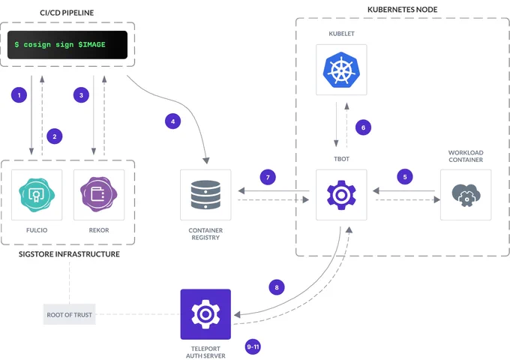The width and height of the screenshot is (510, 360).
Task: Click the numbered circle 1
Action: (x=19, y=95)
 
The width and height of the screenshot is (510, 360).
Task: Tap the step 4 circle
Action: (x=172, y=121)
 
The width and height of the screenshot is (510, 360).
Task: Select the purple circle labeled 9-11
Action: (x=253, y=346)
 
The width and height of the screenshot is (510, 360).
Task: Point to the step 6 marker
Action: (x=363, y=127)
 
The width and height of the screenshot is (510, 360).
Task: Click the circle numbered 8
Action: (x=277, y=287)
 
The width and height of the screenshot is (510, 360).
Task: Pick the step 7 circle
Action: (x=268, y=177)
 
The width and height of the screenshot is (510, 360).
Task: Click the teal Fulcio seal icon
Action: (x=37, y=194)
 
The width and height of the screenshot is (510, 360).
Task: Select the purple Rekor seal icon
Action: (x=99, y=194)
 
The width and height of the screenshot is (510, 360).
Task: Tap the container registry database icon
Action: (x=205, y=194)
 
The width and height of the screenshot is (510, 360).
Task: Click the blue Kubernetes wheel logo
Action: (x=341, y=70)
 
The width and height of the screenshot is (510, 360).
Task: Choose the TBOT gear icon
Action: (x=341, y=195)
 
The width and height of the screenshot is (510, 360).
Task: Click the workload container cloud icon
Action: (x=466, y=195)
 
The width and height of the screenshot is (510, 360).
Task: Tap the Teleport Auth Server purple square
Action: (x=205, y=314)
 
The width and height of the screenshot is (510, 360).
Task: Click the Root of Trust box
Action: (x=69, y=314)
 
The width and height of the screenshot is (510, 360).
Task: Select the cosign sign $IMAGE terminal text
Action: (x=60, y=44)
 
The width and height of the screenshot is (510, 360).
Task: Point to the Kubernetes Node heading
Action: (x=402, y=10)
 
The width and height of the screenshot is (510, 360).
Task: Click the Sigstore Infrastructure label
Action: (x=69, y=254)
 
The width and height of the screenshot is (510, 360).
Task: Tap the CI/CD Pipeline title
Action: (x=67, y=13)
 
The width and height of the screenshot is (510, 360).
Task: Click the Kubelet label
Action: (x=341, y=34)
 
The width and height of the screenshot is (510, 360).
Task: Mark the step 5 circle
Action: (x=405, y=177)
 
